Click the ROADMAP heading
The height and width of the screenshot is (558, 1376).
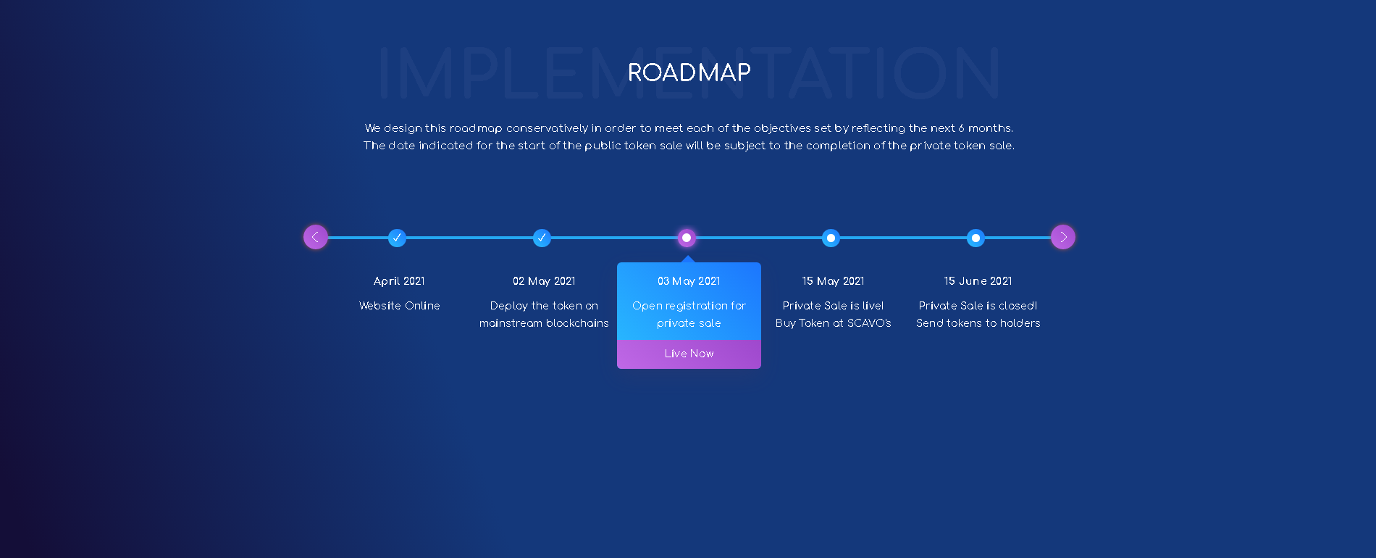pyautogui.click(x=689, y=72)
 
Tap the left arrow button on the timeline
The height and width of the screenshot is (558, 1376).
pyautogui.click(x=316, y=237)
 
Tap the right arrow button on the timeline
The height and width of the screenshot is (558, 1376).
pyautogui.click(x=1063, y=237)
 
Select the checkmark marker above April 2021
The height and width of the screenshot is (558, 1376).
pyautogui.click(x=397, y=238)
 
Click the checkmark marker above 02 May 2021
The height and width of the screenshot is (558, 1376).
pyautogui.click(x=542, y=238)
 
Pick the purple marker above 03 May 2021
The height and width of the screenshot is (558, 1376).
pyautogui.click(x=687, y=238)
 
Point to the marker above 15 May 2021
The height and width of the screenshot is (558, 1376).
pyautogui.click(x=831, y=238)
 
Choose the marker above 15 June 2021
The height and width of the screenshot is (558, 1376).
pyautogui.click(x=976, y=238)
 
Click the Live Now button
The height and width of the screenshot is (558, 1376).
pyautogui.click(x=689, y=354)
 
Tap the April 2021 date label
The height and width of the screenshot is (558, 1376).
pyautogui.click(x=399, y=281)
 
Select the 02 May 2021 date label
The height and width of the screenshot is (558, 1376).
pyautogui.click(x=544, y=281)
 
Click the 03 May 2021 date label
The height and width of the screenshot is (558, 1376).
pyautogui.click(x=689, y=281)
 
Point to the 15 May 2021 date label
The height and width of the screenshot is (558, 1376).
pyautogui.click(x=833, y=281)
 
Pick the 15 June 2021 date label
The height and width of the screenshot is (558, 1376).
pyautogui.click(x=978, y=281)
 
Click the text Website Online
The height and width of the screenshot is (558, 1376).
pyautogui.click(x=399, y=306)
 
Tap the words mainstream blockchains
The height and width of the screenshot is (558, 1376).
pyautogui.click(x=544, y=323)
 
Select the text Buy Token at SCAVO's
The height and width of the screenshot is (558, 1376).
pyautogui.click(x=833, y=323)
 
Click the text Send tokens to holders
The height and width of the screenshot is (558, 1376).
pyautogui.click(x=978, y=323)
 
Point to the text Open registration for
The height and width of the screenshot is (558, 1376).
pyautogui.click(x=689, y=306)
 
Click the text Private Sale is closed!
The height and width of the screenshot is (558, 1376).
pyautogui.click(x=978, y=306)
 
